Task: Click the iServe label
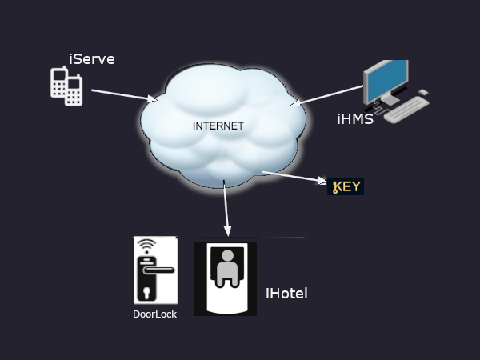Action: point(92,58)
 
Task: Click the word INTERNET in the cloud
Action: point(218,126)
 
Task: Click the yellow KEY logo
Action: point(346,187)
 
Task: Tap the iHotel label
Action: point(286,294)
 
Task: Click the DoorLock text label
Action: point(154,314)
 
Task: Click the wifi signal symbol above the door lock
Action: point(145,244)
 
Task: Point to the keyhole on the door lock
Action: point(146,290)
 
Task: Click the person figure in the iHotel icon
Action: point(226,269)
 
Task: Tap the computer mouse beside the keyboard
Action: point(424,93)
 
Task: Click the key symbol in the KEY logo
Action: point(336,188)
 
